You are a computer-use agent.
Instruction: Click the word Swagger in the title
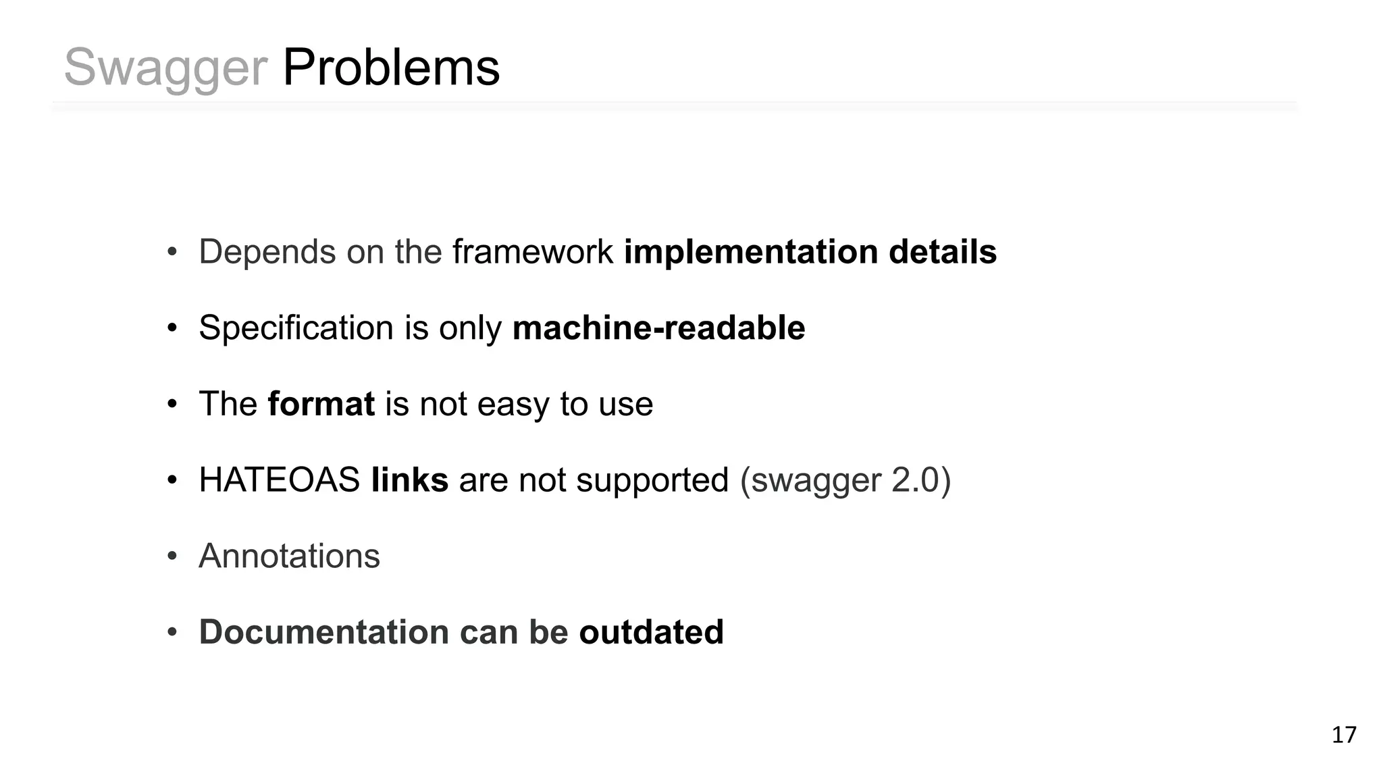(165, 69)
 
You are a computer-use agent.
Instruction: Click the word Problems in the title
(391, 68)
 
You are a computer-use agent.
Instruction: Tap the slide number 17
(1344, 735)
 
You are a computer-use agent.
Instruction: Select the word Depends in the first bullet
(267, 253)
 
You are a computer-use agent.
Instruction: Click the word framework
(533, 252)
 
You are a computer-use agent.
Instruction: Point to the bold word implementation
(751, 253)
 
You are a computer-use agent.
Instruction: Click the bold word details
(943, 252)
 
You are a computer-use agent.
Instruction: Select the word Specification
(296, 328)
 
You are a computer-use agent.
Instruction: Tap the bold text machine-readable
(658, 328)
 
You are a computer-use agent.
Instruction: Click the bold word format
(321, 404)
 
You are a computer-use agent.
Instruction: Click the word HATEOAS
(280, 480)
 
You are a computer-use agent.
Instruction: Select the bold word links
(410, 480)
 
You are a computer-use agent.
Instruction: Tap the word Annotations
(289, 556)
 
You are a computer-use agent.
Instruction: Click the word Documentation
(324, 632)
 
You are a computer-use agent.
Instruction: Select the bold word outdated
(651, 632)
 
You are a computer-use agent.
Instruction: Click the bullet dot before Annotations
(172, 557)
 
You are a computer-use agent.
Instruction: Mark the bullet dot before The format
(172, 405)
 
